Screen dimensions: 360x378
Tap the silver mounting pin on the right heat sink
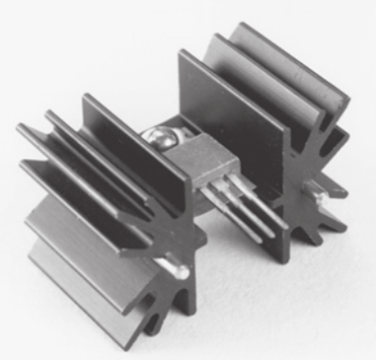[x=324, y=209]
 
